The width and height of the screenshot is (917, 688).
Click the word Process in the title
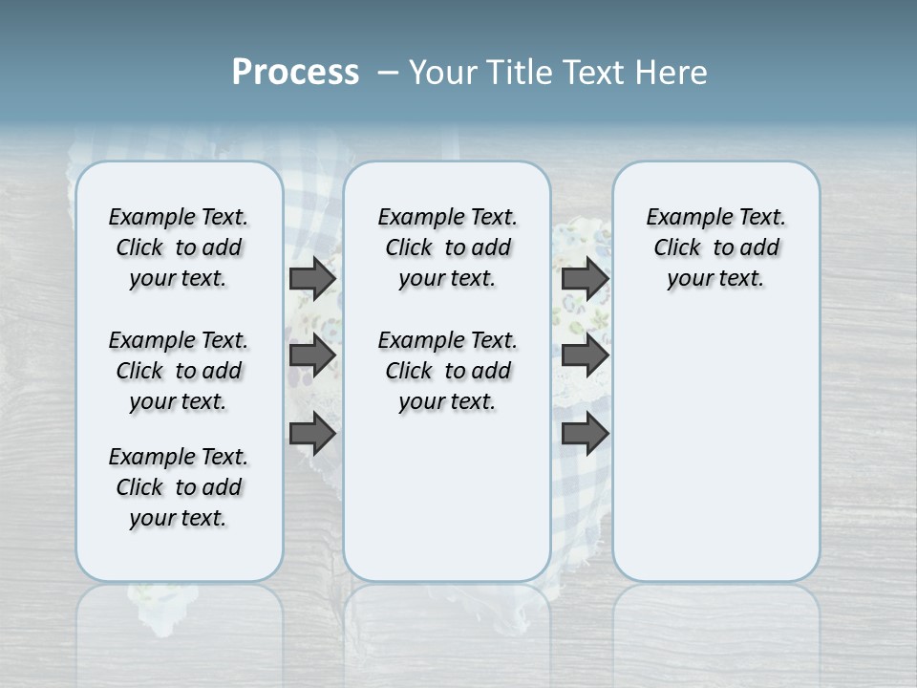pos(295,73)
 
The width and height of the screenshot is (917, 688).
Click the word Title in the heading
pos(517,73)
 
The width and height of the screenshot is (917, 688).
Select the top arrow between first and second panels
pos(312,278)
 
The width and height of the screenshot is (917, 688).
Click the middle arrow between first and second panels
pos(312,355)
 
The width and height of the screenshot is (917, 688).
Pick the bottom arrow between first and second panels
pos(312,434)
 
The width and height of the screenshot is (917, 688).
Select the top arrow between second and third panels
pos(585,278)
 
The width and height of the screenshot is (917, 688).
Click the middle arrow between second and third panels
pos(585,355)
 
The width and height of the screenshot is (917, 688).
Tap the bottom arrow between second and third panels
pos(585,434)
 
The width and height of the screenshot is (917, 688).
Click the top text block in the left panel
pos(179,247)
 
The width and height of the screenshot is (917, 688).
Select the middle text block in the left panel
pos(179,371)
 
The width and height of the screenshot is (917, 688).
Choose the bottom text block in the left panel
pos(179,487)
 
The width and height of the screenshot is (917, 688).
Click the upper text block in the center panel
pos(447,247)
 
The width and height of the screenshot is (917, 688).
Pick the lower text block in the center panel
pos(447,371)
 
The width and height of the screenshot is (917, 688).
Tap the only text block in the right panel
pos(716,247)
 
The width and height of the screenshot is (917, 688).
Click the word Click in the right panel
pos(677,248)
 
